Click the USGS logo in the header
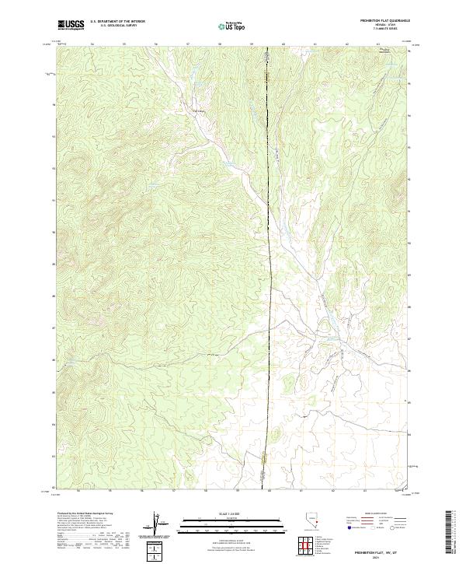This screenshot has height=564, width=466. [x=71, y=26]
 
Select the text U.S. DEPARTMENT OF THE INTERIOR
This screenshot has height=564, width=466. [x=118, y=23]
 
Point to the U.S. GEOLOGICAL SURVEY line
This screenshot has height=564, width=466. [x=113, y=26]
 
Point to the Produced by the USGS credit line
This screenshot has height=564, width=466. [x=84, y=514]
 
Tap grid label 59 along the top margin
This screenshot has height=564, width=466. [x=252, y=44]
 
